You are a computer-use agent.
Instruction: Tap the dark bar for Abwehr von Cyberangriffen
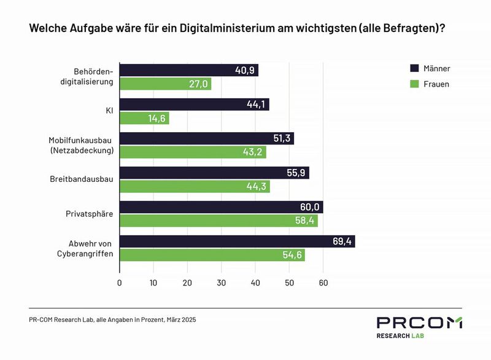[236, 241]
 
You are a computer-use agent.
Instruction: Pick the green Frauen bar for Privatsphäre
[218, 221]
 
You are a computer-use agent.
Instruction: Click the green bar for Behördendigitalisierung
[164, 84]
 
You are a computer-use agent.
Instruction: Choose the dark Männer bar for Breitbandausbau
[214, 173]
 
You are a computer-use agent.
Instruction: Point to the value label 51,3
[282, 139]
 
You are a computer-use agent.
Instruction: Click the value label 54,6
[292, 255]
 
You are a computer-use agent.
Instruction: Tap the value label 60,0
[311, 208]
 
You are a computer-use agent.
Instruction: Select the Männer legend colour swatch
[414, 68]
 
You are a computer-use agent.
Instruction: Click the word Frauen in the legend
[437, 84]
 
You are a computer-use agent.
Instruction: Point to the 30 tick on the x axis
[222, 283]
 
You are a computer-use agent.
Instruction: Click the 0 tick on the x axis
[119, 283]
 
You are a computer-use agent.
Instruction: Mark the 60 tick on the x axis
[323, 283]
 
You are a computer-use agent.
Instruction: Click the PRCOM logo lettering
[420, 323]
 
